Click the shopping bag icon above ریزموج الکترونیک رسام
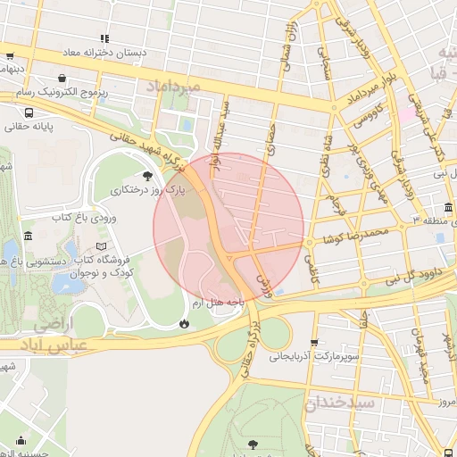click(61, 78)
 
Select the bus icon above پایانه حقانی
click(30, 113)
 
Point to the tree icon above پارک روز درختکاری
click(147, 176)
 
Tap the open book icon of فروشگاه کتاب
click(101, 245)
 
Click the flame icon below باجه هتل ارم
click(184, 323)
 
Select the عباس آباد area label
click(54, 335)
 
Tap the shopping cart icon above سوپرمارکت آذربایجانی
click(313, 343)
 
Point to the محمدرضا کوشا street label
click(357, 234)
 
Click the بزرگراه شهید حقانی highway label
click(134, 143)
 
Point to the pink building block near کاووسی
click(407, 113)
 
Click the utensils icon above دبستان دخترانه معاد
click(105, 38)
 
